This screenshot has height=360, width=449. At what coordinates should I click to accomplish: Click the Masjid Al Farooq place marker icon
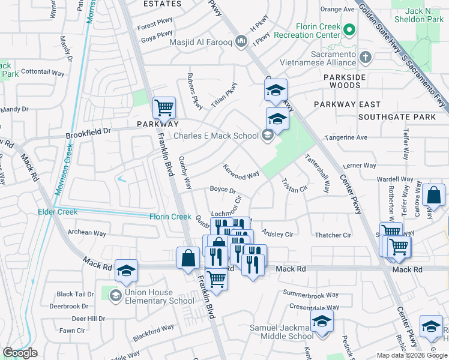pos(241,41)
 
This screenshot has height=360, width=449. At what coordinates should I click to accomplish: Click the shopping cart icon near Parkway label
pos(164,108)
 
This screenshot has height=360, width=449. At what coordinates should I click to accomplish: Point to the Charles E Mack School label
pos(215,136)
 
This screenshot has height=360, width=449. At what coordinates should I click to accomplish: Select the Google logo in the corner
pos(20,353)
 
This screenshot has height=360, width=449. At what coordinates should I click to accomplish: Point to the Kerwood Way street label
pos(241,172)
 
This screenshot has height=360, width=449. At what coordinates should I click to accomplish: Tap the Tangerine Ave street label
pos(346,137)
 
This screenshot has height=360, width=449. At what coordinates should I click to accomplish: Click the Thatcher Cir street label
pos(333,235)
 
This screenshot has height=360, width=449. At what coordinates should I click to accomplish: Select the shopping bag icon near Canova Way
pos(433,195)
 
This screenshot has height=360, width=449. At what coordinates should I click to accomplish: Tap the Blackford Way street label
pos(153,332)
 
